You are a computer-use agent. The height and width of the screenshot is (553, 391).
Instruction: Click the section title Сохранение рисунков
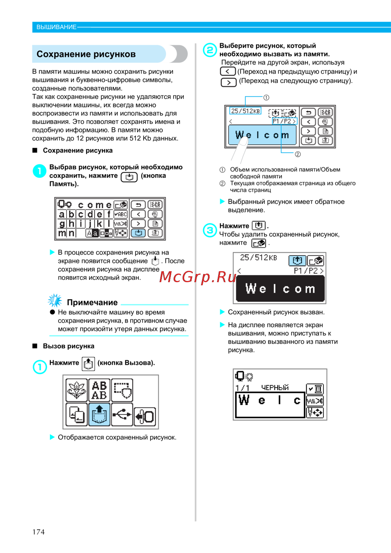(86, 54)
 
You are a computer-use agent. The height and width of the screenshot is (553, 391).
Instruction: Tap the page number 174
(38, 531)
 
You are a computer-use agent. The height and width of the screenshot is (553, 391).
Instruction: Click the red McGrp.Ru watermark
(198, 277)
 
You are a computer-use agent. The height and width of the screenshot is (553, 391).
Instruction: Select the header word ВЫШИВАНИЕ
(56, 27)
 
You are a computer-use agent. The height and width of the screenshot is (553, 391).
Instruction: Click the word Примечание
(92, 302)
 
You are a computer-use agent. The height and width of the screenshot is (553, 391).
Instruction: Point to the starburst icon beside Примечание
(55, 301)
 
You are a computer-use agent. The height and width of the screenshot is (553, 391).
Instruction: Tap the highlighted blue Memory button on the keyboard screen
(138, 233)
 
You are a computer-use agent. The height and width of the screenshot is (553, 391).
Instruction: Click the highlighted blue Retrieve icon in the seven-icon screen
(99, 414)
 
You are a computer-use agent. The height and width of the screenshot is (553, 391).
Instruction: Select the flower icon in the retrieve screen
(77, 390)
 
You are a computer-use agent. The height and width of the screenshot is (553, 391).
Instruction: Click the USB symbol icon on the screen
(122, 414)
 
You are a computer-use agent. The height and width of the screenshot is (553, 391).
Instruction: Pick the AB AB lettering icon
(99, 390)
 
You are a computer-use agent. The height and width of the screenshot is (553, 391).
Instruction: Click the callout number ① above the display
(266, 97)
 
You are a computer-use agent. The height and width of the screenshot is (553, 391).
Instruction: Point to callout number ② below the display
(298, 154)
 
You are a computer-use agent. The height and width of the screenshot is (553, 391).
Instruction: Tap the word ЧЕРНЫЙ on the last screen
(275, 387)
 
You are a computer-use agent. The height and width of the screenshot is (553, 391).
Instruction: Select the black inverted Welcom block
(280, 289)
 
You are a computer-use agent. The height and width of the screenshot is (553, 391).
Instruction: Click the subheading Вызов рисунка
(68, 346)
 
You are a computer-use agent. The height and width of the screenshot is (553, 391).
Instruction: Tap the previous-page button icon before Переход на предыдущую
(228, 71)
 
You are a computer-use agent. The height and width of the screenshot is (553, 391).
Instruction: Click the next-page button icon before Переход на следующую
(228, 82)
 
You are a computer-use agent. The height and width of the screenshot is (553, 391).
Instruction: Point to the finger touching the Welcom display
(240, 147)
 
